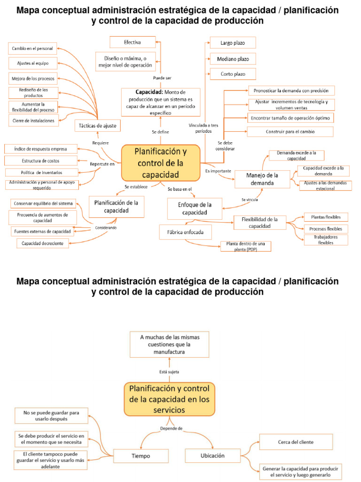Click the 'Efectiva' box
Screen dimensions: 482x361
tap(133, 42)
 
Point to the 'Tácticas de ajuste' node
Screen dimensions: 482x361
tap(98, 126)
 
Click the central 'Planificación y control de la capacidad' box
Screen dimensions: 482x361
tap(161, 163)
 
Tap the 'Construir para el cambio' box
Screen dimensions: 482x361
tap(290, 131)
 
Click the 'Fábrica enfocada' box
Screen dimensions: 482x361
tap(186, 232)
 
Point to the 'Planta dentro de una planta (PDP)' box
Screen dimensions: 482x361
tap(246, 246)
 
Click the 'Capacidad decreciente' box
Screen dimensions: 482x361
tap(43, 243)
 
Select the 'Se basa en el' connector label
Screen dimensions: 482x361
tap(180, 189)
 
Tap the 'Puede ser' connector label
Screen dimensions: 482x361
tap(162, 78)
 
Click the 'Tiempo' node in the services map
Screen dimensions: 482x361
tap(141, 456)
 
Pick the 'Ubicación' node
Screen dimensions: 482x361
tap(212, 456)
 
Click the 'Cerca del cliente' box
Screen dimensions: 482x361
tap(296, 442)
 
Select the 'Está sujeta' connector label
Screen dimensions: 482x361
tap(169, 371)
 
